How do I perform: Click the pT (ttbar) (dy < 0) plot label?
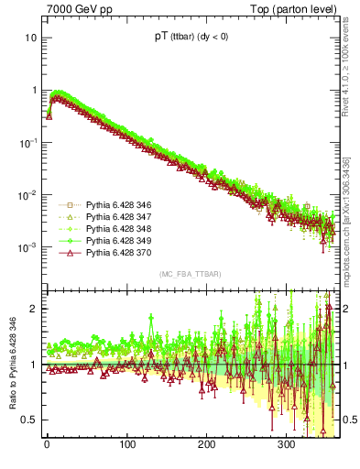[x=186, y=41]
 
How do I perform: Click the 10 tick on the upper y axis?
[x=30, y=38]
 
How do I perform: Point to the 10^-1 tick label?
[x=27, y=143]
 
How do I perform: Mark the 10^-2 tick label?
[x=27, y=195]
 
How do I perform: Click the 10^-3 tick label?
[x=27, y=248]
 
